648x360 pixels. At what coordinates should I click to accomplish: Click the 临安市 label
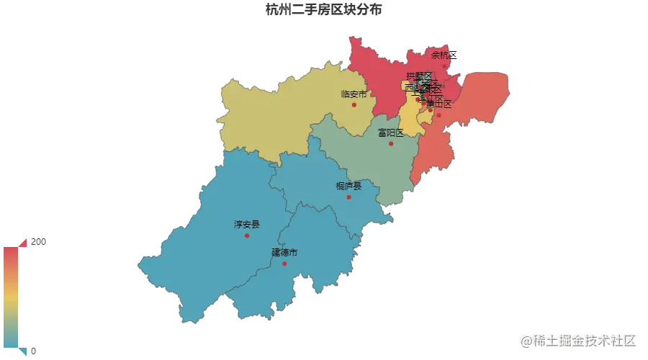tap(354, 94)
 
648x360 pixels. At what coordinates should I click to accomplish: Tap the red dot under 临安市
tap(354, 105)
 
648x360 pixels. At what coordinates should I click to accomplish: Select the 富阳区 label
tap(391, 132)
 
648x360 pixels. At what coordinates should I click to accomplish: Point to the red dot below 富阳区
tap(392, 143)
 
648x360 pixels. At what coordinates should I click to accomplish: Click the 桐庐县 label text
tap(348, 186)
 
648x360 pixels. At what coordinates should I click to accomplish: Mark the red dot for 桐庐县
tap(349, 197)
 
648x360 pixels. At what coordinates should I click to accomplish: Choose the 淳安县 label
tap(246, 225)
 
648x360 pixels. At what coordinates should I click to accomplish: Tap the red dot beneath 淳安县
tap(247, 235)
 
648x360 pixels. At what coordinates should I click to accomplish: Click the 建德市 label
tap(284, 252)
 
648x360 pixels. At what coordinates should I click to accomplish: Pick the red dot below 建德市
tap(284, 263)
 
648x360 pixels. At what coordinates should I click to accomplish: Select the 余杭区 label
tap(443, 55)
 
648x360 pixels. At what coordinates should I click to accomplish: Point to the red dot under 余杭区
tap(444, 66)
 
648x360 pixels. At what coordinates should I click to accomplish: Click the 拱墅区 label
tap(418, 76)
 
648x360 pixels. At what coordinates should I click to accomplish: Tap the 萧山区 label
tap(438, 104)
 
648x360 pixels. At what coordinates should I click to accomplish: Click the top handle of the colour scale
tap(24, 243)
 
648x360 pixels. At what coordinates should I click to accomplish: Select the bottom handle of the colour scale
tap(25, 351)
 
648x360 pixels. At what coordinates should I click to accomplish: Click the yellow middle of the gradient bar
tap(12, 297)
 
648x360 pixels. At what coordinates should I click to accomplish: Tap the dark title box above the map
tap(325, 9)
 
